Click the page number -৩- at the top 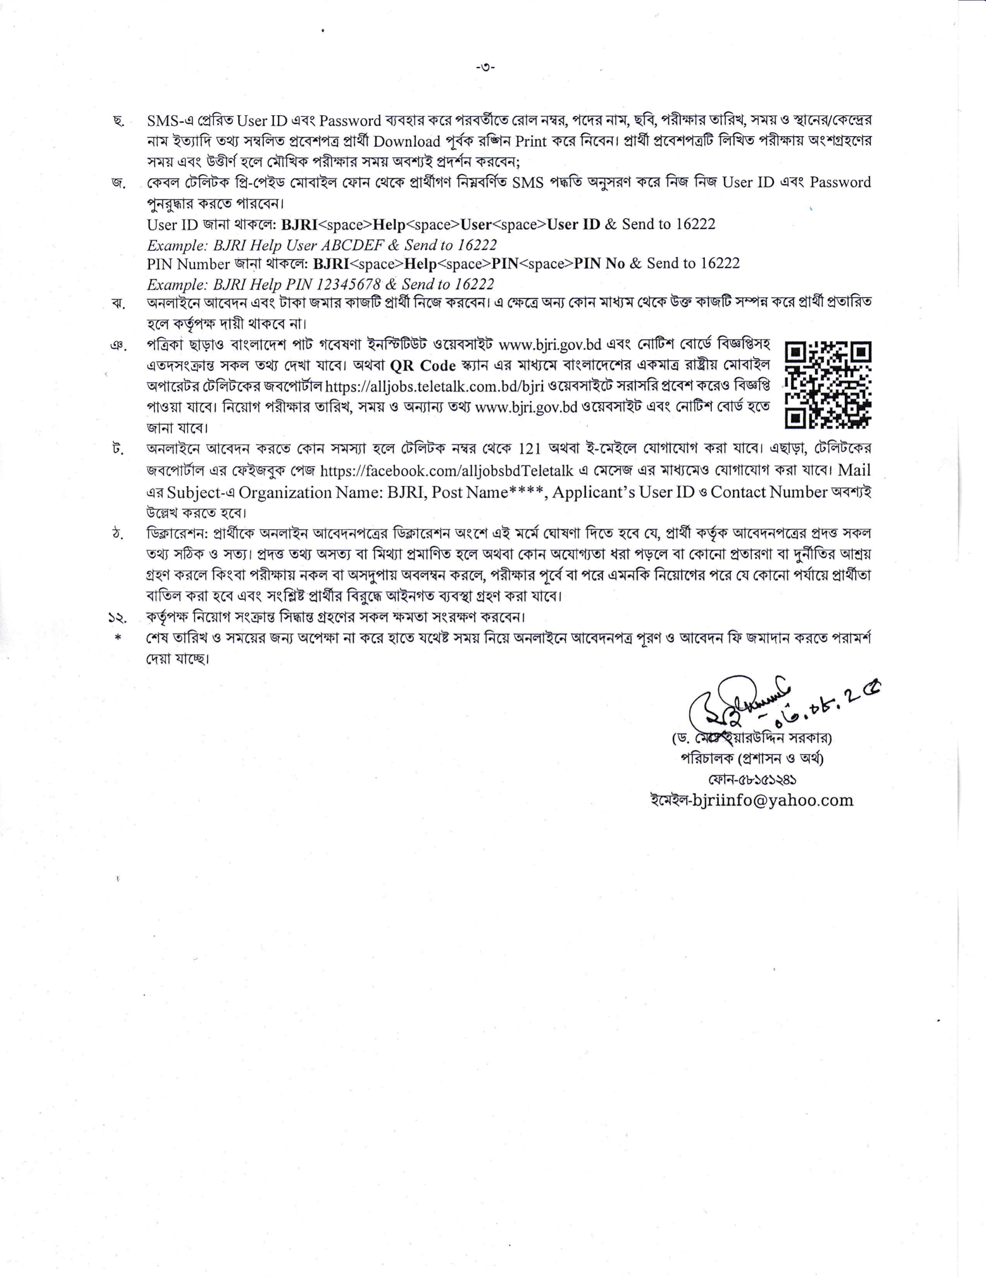(485, 67)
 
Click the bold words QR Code (423, 366)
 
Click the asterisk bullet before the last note (118, 638)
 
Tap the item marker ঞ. (118, 346)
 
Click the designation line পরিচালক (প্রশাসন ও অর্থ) (752, 759)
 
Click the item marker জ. (119, 183)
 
